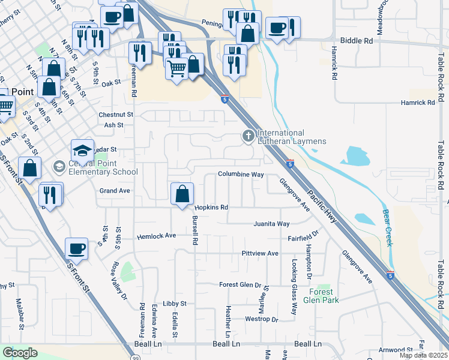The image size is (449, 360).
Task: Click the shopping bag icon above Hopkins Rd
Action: point(182,194)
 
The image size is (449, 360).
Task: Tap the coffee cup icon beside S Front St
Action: point(77,248)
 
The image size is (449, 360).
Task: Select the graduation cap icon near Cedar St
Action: point(83,151)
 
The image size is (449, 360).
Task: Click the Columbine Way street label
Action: point(241,175)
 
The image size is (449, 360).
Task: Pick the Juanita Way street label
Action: point(271,224)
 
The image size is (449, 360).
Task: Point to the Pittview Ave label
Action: point(260,254)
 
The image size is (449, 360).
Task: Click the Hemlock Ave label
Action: point(156,236)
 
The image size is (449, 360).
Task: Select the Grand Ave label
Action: point(115,191)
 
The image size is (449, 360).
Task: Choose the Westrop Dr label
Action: point(262,319)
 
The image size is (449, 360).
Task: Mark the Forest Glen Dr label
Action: point(240,285)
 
